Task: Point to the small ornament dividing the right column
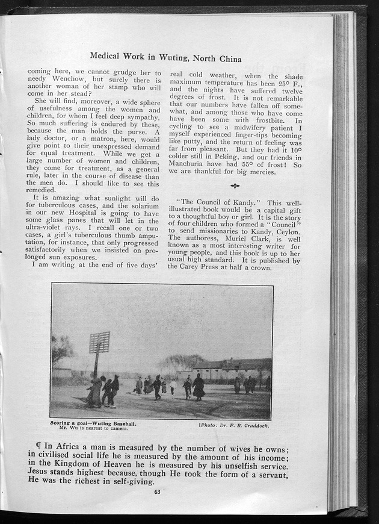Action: tap(235, 187)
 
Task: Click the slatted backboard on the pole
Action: tap(100, 342)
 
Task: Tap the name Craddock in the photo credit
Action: tap(251, 425)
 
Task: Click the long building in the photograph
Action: tap(232, 369)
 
